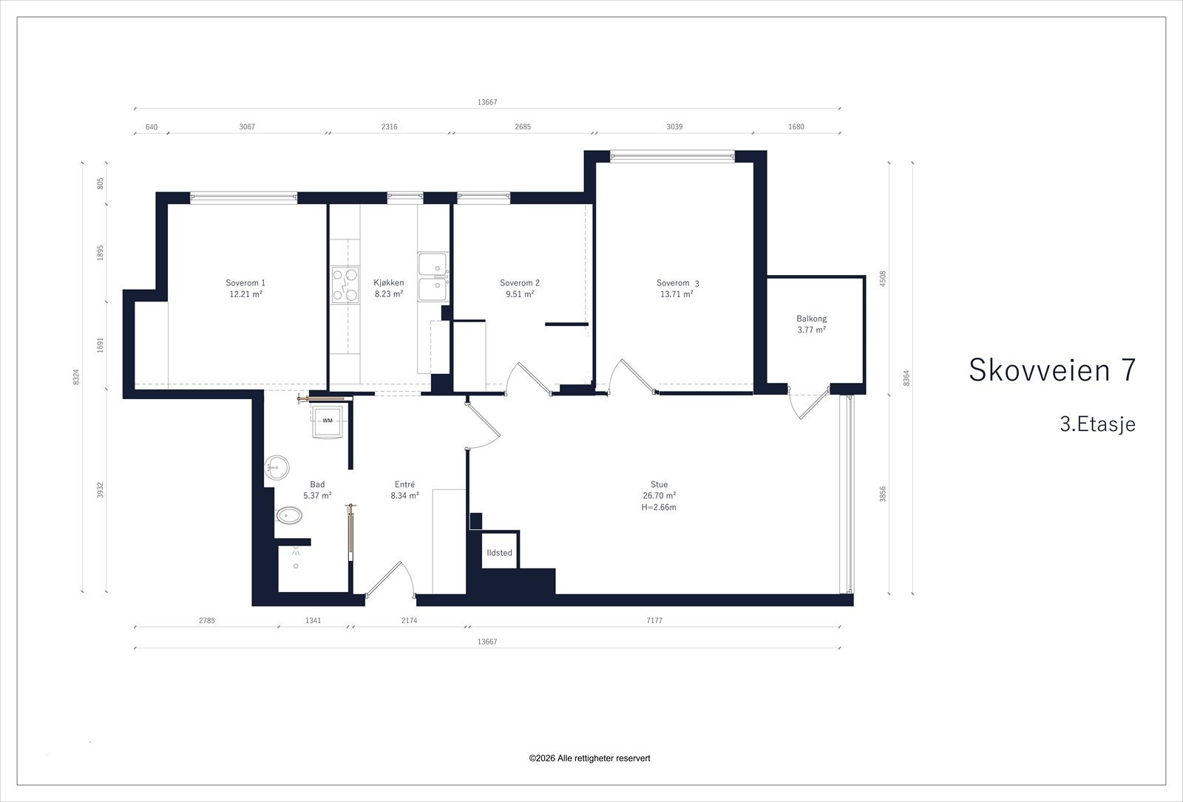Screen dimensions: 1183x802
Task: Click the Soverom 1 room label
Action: [x=245, y=283]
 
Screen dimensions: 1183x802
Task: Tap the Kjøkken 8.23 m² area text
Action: [x=389, y=294]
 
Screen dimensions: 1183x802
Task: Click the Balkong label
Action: [x=811, y=319]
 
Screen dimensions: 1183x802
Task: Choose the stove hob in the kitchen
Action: [x=345, y=285]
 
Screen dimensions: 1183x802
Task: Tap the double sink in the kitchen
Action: [x=433, y=277]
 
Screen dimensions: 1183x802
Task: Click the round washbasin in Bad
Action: [x=277, y=467]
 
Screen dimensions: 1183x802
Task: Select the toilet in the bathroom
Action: [x=288, y=515]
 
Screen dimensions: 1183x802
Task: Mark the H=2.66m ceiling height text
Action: [x=659, y=507]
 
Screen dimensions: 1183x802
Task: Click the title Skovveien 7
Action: [x=1052, y=370]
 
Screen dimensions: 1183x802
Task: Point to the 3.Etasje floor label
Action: [x=1097, y=424]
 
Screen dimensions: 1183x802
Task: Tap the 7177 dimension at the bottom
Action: [x=654, y=620]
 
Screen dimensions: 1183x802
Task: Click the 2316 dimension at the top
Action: [x=389, y=126]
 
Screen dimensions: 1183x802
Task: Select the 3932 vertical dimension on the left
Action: [x=101, y=490]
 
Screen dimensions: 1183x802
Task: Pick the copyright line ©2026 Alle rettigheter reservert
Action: [x=589, y=758]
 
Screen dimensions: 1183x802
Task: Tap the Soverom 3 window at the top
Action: [x=672, y=156]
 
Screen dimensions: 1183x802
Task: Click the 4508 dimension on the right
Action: [x=883, y=279]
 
